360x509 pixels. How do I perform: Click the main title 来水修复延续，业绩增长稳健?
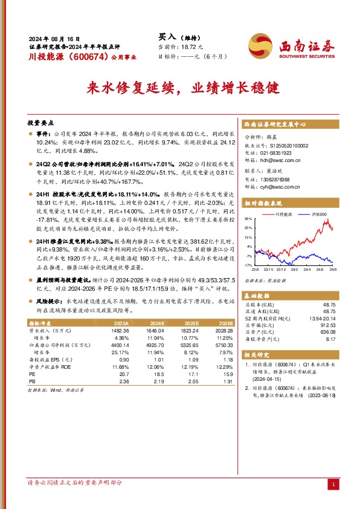(179, 87)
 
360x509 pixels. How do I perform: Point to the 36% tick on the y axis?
(248, 218)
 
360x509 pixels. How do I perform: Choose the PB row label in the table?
(33, 383)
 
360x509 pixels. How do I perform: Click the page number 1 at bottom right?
(333, 485)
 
